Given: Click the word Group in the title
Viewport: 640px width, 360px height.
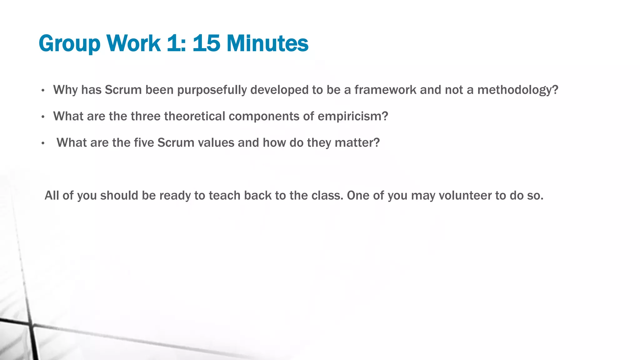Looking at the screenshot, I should point(69,44).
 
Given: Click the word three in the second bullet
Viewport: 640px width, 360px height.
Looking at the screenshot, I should point(145,116).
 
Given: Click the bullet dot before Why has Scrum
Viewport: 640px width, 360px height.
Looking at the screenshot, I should point(43,91).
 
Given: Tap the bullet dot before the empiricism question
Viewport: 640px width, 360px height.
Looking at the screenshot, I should point(43,117).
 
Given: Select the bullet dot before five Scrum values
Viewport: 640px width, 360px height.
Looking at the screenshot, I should point(43,143).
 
